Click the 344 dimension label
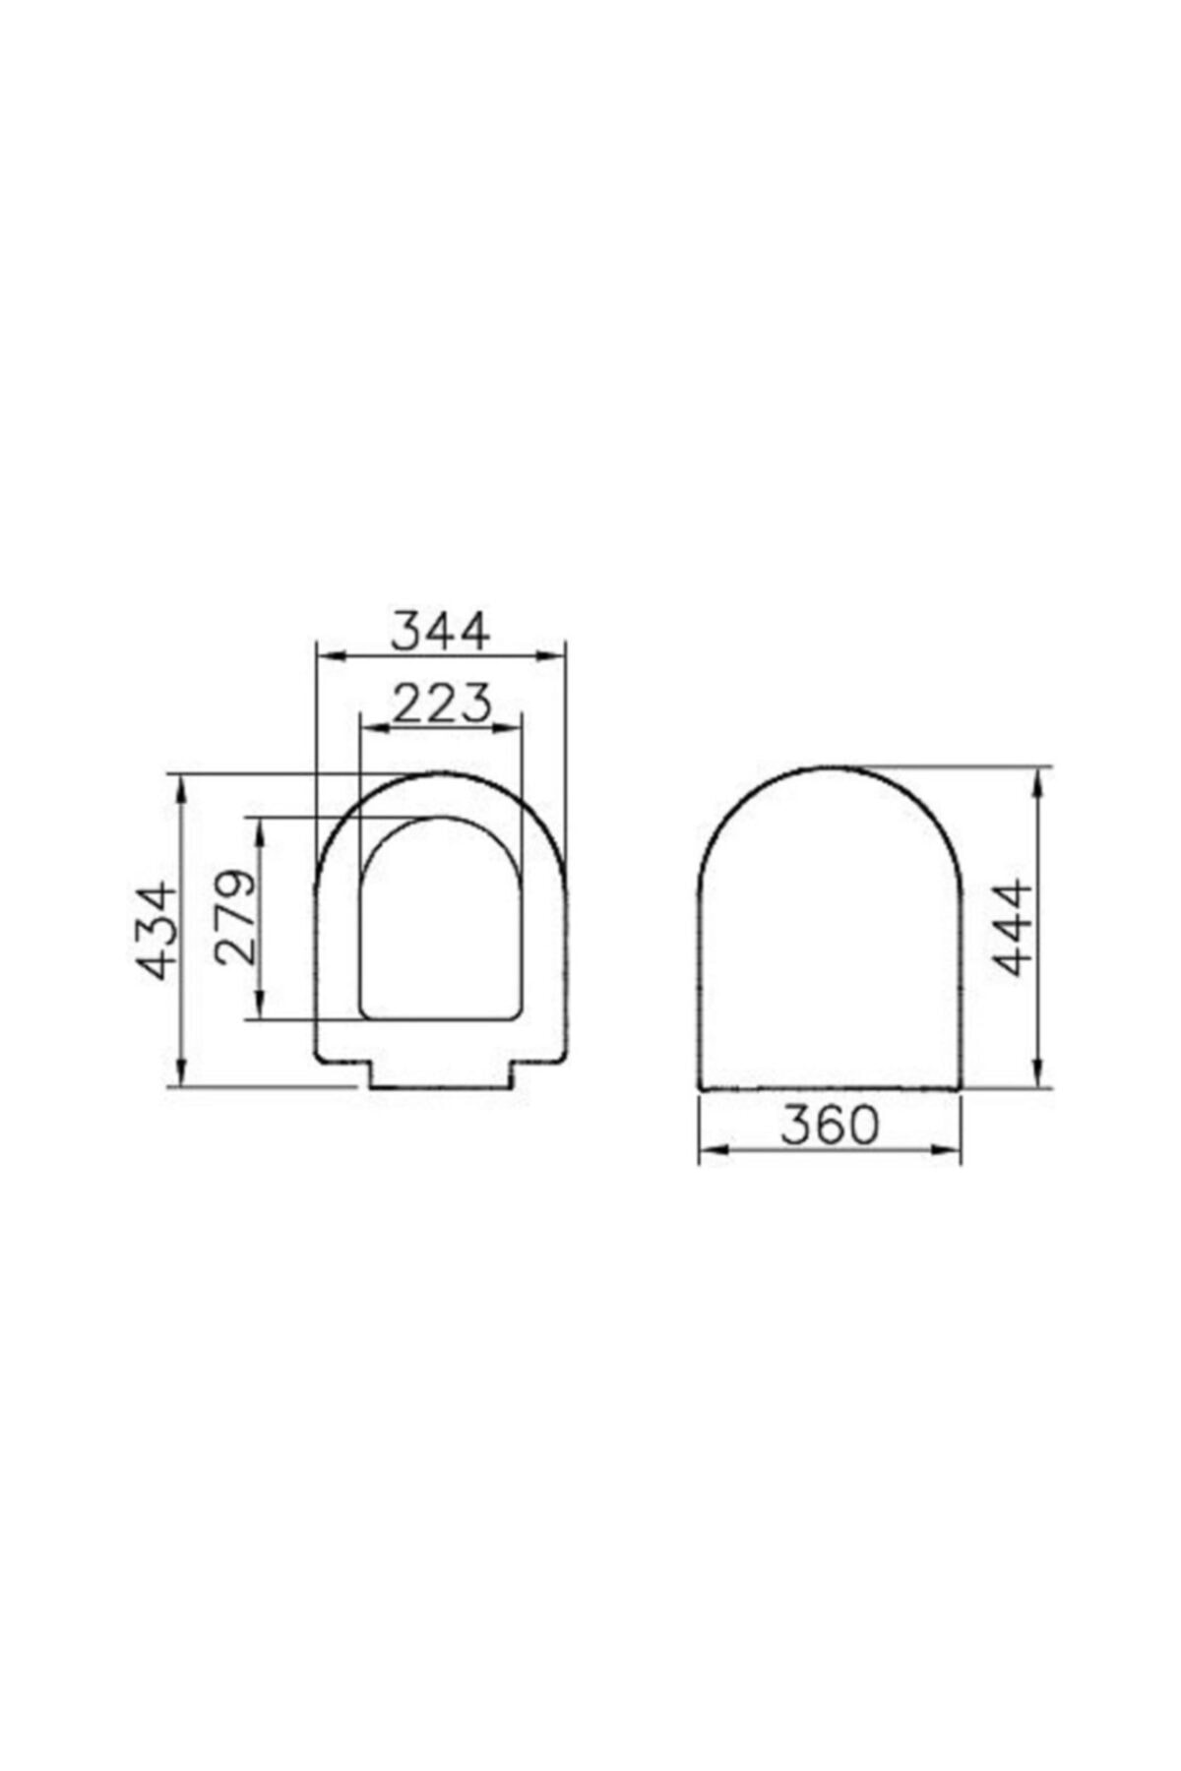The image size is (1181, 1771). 439,632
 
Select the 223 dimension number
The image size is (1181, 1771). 441,704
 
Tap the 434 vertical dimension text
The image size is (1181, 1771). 158,931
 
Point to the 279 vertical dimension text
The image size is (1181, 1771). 236,917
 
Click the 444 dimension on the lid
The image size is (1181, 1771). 1013,928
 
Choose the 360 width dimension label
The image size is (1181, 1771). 829,1125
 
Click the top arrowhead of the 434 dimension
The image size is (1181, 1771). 181,785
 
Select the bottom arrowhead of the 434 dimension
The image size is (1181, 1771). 181,1075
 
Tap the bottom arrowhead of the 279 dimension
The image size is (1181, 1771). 260,1009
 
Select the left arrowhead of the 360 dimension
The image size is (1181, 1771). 709,1149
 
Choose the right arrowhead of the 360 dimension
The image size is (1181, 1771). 951,1149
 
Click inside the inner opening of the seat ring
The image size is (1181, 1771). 440,925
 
